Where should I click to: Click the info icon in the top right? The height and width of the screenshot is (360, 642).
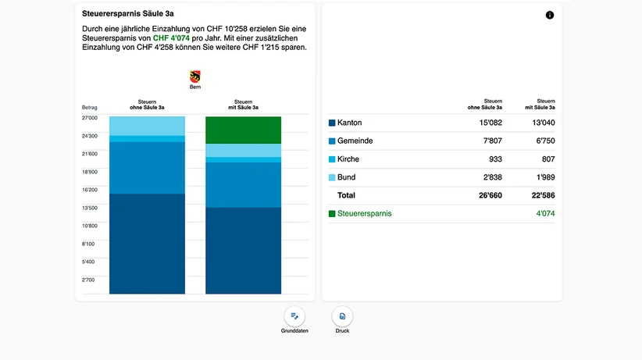click(550, 15)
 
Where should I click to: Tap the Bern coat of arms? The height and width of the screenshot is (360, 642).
click(195, 77)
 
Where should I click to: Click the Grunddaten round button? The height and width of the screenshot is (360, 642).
click(294, 316)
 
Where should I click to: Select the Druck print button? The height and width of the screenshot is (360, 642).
click(342, 316)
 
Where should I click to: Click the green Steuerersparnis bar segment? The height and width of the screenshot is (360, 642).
click(243, 130)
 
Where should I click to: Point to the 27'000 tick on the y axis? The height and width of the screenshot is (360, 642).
click(90, 118)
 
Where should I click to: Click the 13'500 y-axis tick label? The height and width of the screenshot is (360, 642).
click(90, 208)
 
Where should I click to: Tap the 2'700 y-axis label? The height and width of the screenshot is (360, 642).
click(88, 280)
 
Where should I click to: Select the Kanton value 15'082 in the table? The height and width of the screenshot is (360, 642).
click(490, 123)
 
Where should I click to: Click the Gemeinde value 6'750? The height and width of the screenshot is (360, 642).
click(545, 141)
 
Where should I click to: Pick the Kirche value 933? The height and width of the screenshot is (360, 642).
click(495, 159)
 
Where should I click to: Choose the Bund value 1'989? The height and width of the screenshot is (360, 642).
click(545, 177)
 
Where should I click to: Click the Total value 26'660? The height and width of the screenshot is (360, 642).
click(490, 195)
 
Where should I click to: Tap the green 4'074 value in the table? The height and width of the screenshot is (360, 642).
click(545, 213)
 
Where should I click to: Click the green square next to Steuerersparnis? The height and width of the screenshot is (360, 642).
click(332, 214)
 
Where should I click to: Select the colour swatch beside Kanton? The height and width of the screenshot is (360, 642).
click(332, 123)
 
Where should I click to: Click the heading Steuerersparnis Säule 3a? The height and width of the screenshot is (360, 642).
click(128, 13)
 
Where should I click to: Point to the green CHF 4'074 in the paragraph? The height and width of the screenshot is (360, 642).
click(171, 38)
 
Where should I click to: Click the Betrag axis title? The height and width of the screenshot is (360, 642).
click(90, 108)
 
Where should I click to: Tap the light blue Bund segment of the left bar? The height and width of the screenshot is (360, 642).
click(147, 126)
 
